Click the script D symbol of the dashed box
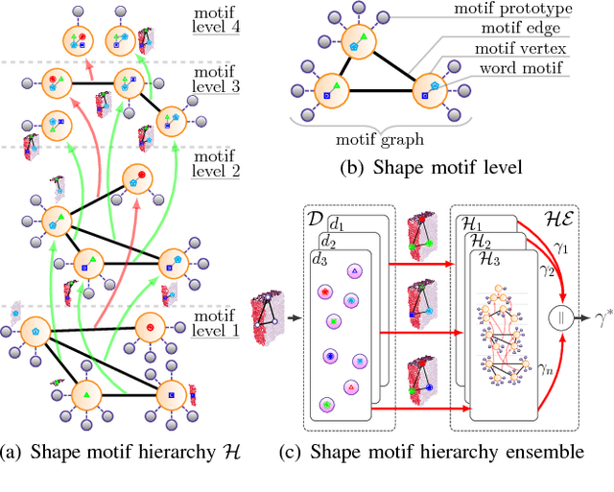(312, 220)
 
